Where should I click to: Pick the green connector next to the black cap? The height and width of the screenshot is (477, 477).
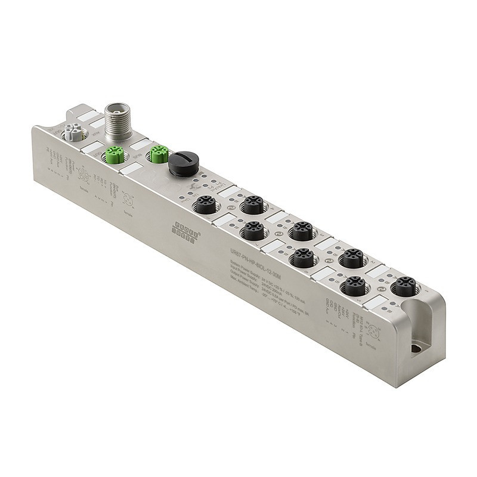pyautogui.click(x=158, y=154)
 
